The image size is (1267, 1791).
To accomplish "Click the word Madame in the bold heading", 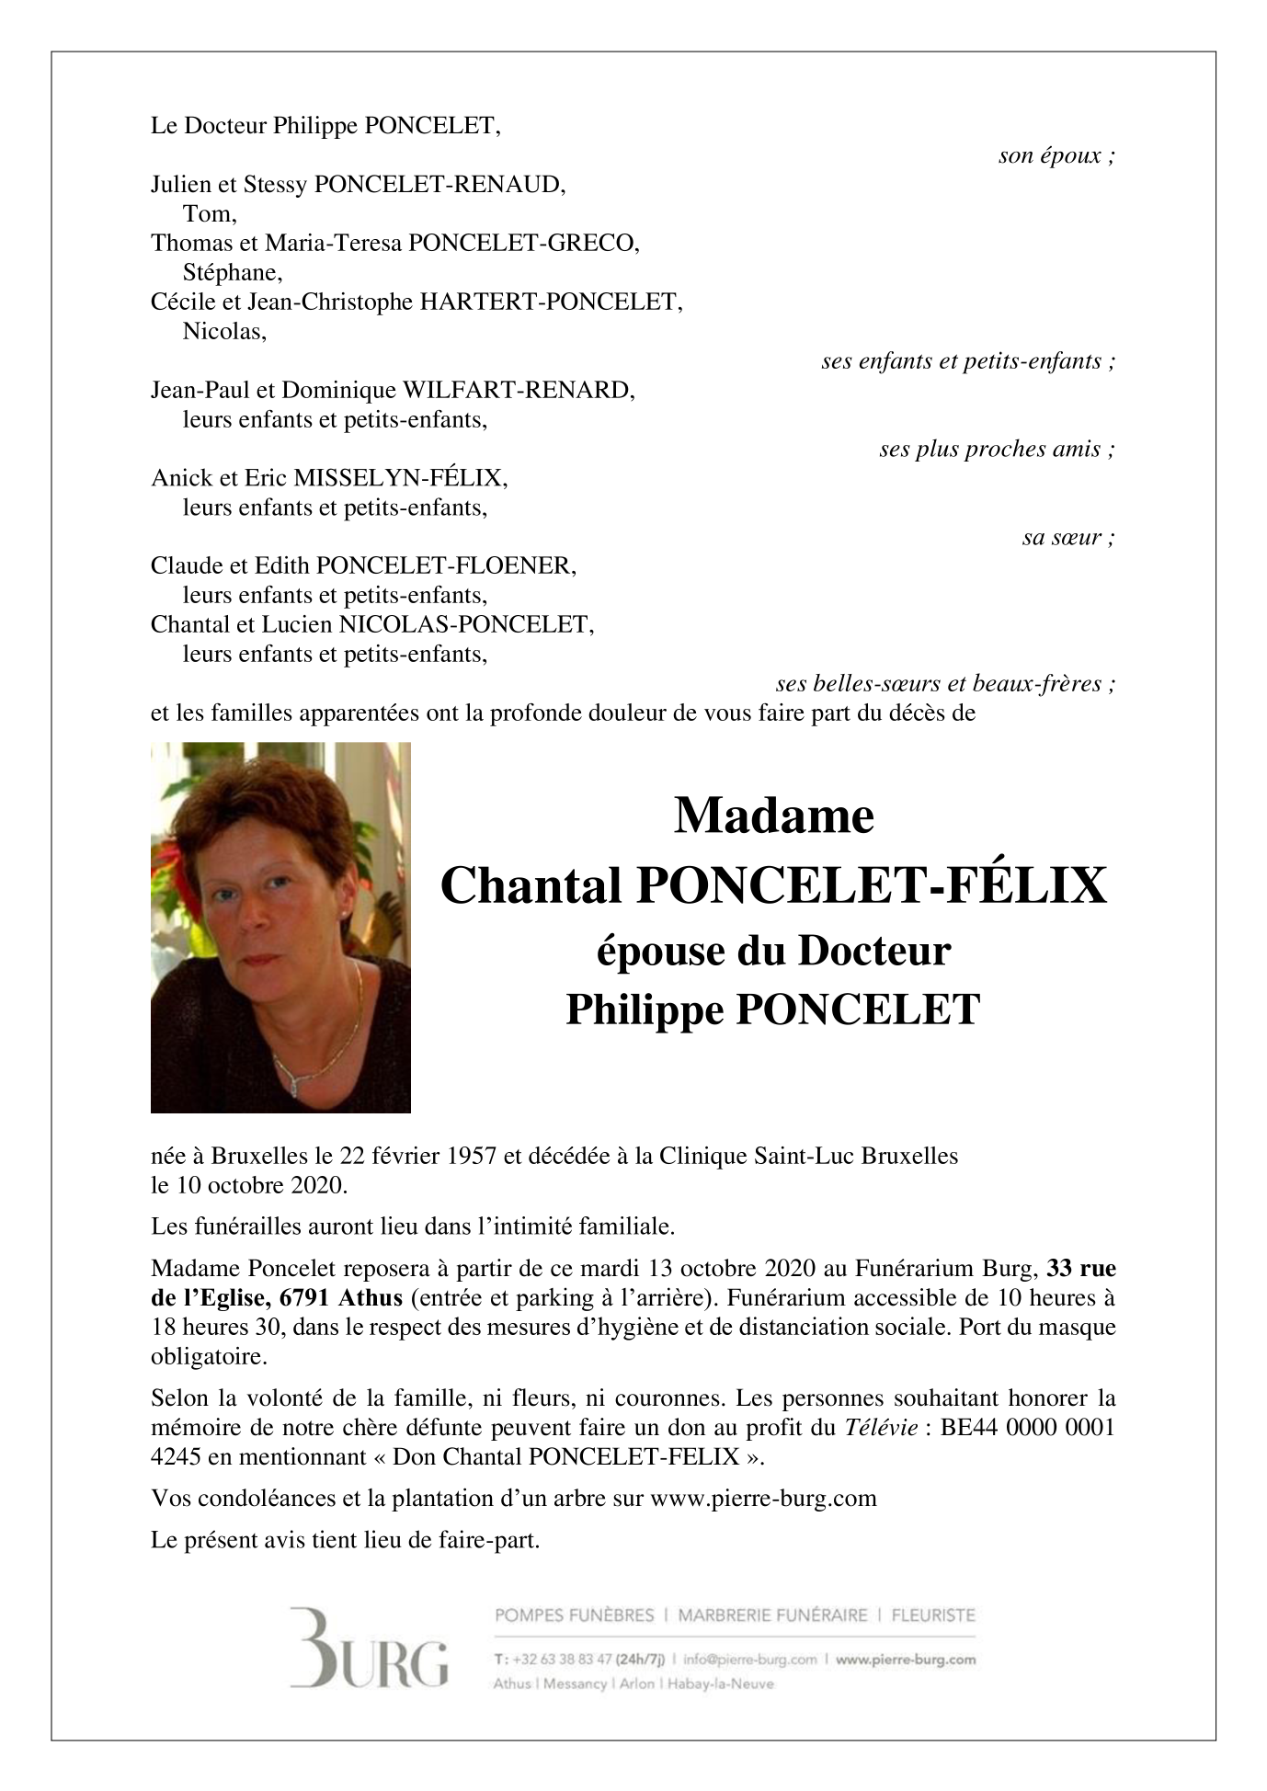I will tap(773, 816).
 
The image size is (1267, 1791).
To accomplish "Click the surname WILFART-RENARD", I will tap(518, 390).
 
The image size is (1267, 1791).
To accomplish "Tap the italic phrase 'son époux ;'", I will tap(1056, 155).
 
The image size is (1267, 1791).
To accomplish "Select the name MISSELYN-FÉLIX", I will tap(399, 478).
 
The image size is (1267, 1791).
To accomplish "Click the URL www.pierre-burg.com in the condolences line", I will tap(763, 1499).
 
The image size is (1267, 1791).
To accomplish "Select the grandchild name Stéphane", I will tap(232, 272).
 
